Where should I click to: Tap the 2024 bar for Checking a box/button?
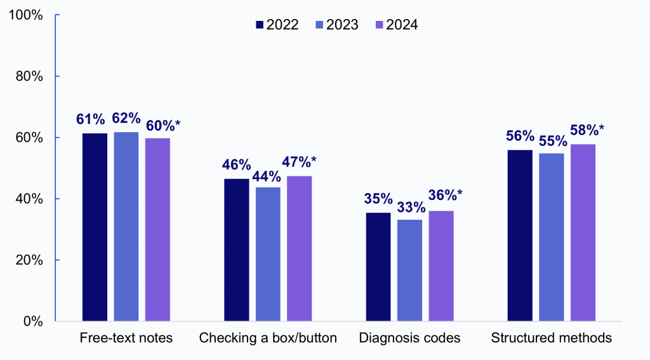click(299, 248)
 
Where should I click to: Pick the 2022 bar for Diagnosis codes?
click(378, 267)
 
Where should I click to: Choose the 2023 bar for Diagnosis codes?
click(409, 270)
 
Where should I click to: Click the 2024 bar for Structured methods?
click(583, 232)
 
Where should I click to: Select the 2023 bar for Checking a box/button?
click(268, 254)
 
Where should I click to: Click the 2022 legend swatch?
click(260, 25)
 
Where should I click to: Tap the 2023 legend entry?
click(336, 25)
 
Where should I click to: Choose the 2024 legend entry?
click(396, 25)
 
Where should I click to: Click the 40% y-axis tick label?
click(29, 199)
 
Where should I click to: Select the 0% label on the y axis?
click(32, 321)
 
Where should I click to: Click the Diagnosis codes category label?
click(409, 338)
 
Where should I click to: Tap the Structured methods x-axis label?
click(551, 338)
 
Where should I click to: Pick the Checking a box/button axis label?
click(268, 338)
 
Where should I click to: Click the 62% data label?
click(126, 118)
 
